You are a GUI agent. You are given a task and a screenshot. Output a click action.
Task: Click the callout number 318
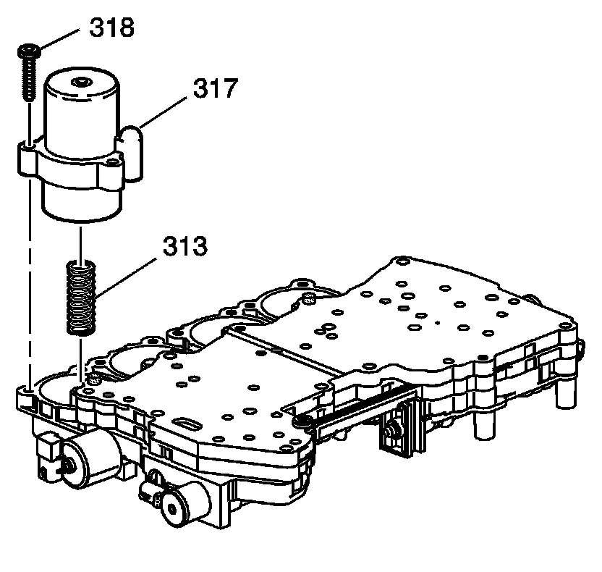pos(112,29)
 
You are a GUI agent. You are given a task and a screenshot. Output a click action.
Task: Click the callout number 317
pos(215,89)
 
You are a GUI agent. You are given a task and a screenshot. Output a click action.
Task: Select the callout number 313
pos(185,247)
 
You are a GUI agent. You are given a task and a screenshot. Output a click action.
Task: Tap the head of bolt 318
pos(28,51)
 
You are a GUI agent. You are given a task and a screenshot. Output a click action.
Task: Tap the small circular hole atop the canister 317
pos(84,81)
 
